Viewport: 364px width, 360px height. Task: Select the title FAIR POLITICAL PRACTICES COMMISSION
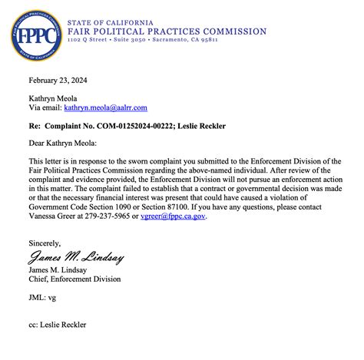(x=167, y=31)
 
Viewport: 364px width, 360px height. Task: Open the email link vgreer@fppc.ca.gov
(x=174, y=216)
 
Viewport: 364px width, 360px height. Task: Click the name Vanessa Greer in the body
(x=51, y=216)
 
